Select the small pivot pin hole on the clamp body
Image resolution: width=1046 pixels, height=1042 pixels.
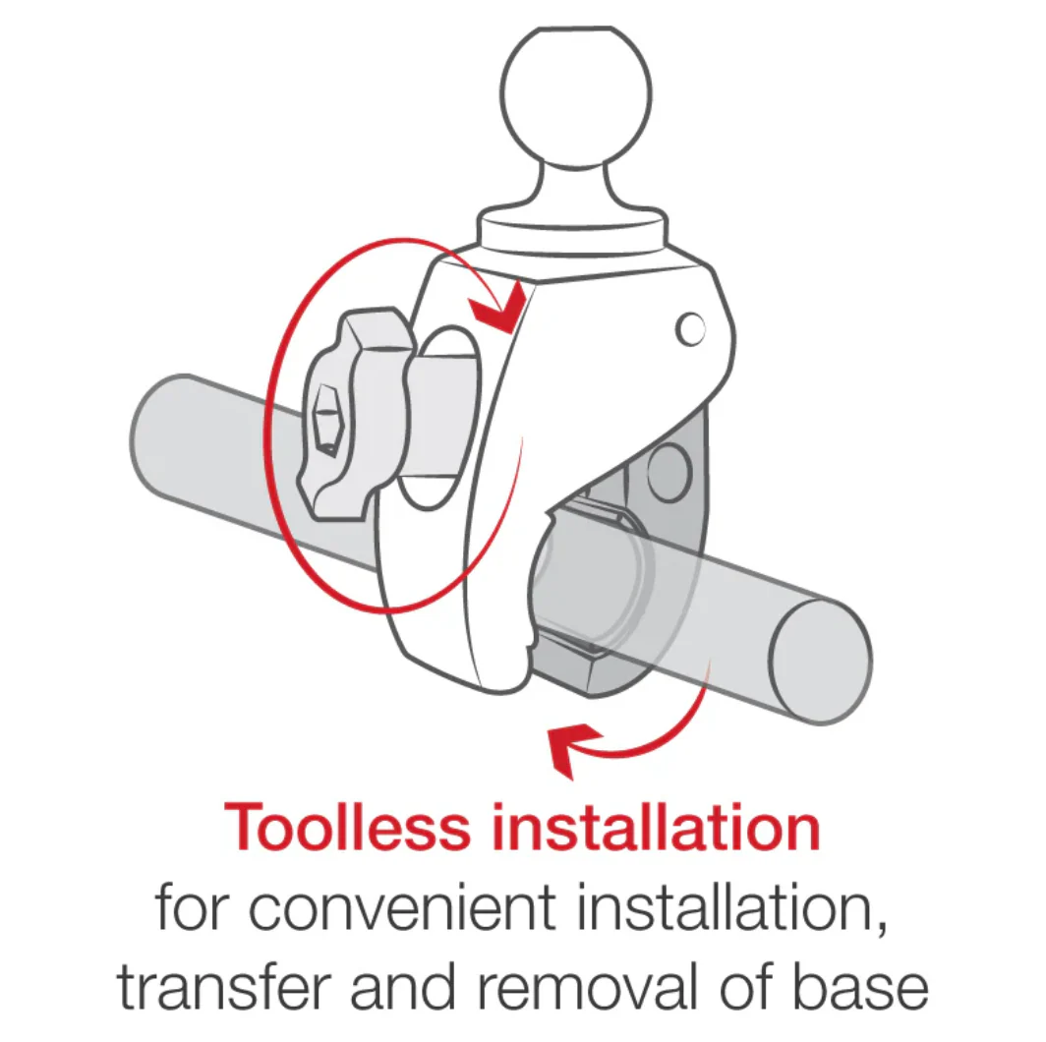pyautogui.click(x=690, y=329)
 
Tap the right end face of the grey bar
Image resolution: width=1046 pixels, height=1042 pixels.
pyautogui.click(x=821, y=662)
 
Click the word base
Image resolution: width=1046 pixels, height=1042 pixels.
pyautogui.click(x=860, y=986)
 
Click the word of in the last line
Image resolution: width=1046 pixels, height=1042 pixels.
pyautogui.click(x=745, y=986)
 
